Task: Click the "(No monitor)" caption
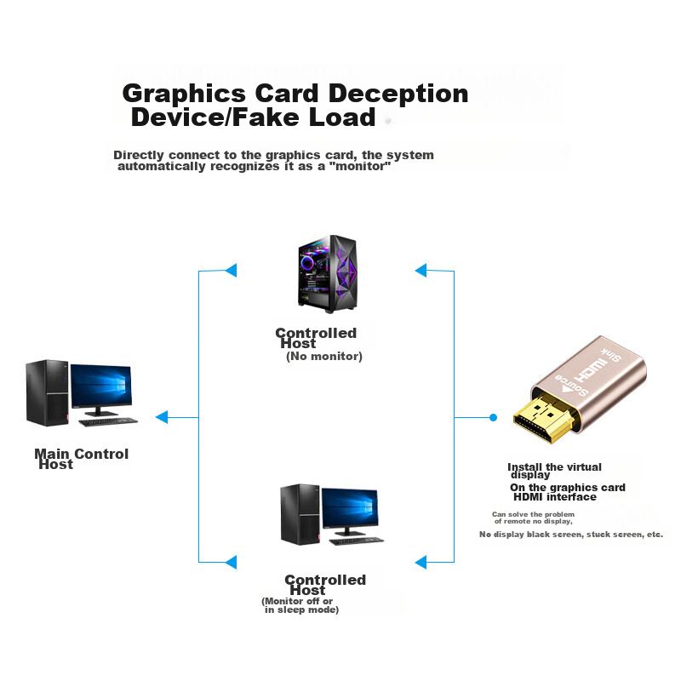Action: click(x=323, y=357)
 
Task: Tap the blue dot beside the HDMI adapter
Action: click(x=493, y=417)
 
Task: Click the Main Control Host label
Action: click(x=81, y=459)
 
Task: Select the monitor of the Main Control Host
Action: click(x=100, y=388)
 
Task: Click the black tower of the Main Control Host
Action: click(x=45, y=392)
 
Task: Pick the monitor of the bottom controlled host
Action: click(x=348, y=511)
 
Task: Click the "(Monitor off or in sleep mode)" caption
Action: click(x=300, y=605)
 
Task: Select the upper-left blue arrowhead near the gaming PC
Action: click(x=230, y=271)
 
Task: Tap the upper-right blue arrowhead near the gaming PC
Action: click(x=420, y=271)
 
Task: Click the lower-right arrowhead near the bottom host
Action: click(x=420, y=562)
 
